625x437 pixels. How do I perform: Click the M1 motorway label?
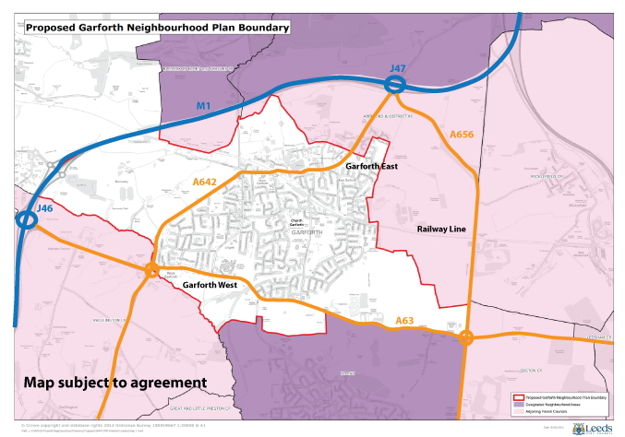coord(204,107)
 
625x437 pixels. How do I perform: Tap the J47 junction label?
coord(398,69)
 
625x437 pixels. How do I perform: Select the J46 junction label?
coord(43,210)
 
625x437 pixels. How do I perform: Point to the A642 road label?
coord(205,183)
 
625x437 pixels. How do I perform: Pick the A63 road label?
coord(404,320)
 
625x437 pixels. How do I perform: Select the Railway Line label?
coord(444,227)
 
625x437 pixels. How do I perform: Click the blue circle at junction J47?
coord(395,85)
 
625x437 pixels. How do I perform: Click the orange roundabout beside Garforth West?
coord(150,270)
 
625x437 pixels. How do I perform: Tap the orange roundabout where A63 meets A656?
coord(467,337)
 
